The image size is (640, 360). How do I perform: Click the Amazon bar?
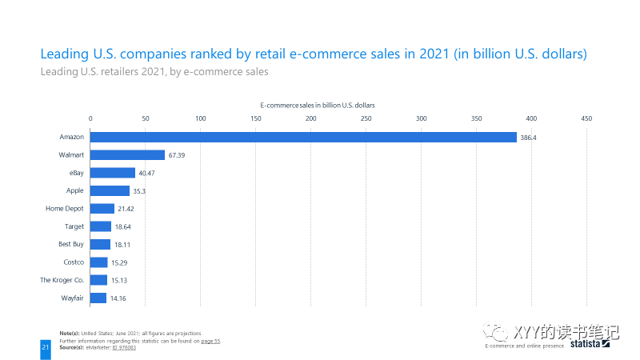click(x=304, y=137)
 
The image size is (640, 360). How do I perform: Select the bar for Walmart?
click(x=128, y=155)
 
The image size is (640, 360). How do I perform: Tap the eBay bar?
click(x=113, y=173)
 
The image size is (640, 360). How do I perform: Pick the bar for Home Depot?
click(x=102, y=209)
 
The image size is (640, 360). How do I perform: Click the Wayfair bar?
click(x=98, y=298)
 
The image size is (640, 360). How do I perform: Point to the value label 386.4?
click(x=528, y=138)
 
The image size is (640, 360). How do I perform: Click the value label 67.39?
click(x=176, y=155)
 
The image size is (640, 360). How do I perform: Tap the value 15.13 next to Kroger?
click(x=119, y=281)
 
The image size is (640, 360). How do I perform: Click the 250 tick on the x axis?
click(x=366, y=118)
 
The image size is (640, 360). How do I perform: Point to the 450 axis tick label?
click(x=586, y=118)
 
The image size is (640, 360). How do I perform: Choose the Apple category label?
click(x=75, y=190)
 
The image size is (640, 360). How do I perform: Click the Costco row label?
click(x=74, y=262)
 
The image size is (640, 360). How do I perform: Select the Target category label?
click(x=74, y=226)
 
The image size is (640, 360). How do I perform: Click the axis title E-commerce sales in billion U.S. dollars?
click(x=318, y=105)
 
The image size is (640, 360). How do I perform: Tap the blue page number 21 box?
click(x=46, y=348)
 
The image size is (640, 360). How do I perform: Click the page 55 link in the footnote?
click(x=210, y=341)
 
